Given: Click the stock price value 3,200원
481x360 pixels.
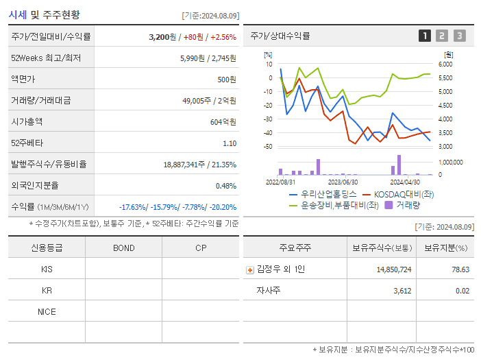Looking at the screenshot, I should (x=164, y=37).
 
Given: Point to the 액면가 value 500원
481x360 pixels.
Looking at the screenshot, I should (x=227, y=80).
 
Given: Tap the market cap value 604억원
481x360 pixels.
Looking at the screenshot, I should (x=223, y=122).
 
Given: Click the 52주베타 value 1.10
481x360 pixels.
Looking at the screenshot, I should (x=230, y=143).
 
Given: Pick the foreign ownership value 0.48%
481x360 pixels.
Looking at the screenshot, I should (x=225, y=186).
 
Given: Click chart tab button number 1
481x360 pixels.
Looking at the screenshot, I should (x=425, y=36).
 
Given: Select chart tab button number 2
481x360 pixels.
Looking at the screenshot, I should (x=442, y=36).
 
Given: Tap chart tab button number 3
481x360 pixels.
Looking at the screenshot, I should (x=459, y=36).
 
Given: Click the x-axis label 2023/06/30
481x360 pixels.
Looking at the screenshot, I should (x=343, y=182).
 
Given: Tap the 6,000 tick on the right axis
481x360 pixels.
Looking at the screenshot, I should (x=445, y=64).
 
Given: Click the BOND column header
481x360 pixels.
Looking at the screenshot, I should (x=123, y=248).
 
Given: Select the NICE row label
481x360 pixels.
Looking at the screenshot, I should (x=47, y=311).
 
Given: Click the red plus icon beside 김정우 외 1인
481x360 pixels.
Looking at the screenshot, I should (x=250, y=269).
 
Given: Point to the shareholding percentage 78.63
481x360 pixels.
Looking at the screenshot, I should (x=460, y=269).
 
